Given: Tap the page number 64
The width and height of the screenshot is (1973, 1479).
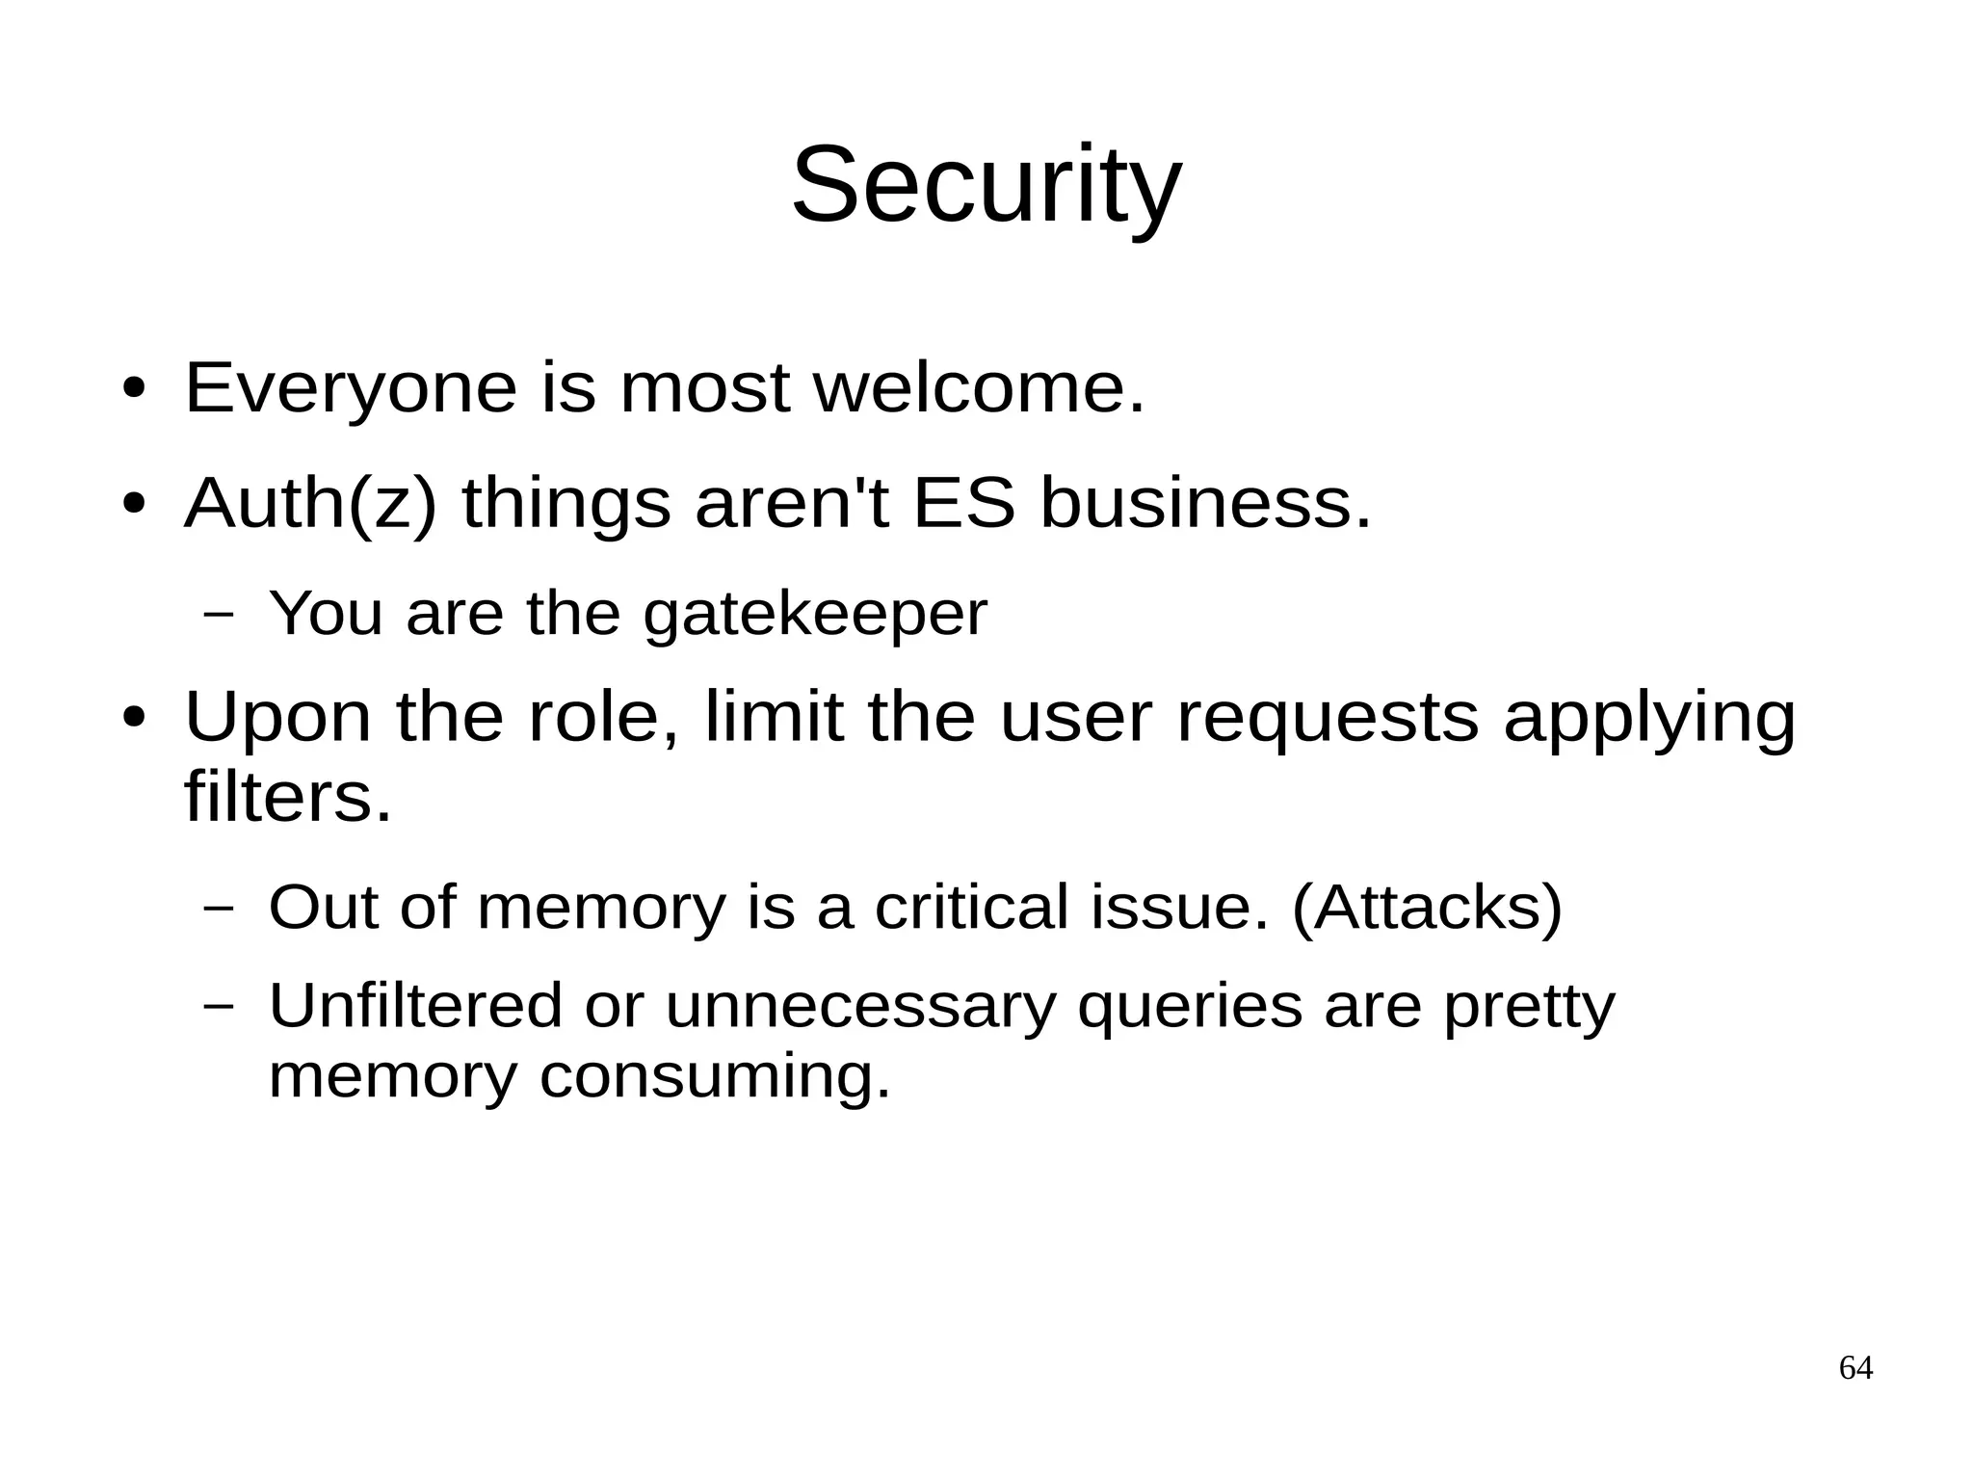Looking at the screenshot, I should (x=1855, y=1368).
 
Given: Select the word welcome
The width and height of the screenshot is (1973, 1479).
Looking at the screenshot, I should (x=979, y=388).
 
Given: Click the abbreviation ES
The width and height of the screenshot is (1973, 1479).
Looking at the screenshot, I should (x=963, y=504).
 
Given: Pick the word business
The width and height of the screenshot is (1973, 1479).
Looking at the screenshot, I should (x=1205, y=504).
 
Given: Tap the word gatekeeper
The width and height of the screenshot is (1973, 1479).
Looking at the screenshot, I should (x=815, y=614).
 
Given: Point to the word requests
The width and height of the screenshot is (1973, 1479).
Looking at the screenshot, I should (x=1328, y=718).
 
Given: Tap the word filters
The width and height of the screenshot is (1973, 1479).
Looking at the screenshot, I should (x=287, y=797).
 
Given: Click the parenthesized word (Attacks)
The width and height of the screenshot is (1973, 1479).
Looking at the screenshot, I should (x=1427, y=908).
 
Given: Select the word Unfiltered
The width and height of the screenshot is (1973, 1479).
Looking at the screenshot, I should (x=414, y=1006).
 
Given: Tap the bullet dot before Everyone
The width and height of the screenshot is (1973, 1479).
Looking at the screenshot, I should (x=135, y=389).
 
